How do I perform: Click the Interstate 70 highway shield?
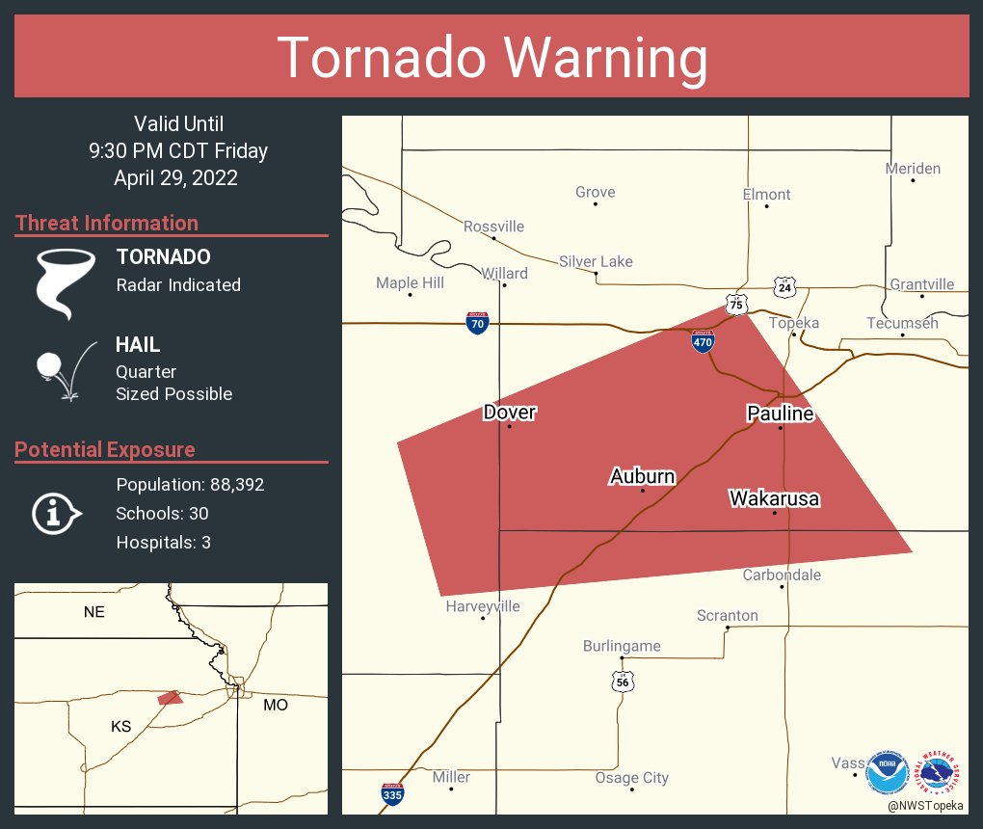click(477, 323)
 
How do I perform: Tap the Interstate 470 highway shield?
click(703, 342)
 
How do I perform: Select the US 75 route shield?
click(737, 304)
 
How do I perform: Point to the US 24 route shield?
click(784, 286)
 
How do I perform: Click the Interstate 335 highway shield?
click(392, 793)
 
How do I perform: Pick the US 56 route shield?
click(623, 681)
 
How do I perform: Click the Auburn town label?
click(642, 476)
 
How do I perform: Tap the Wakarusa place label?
click(774, 498)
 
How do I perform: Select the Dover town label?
click(509, 413)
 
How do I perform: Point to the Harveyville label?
click(483, 606)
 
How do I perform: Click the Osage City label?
click(631, 778)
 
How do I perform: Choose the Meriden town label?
click(913, 169)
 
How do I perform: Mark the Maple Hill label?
click(410, 282)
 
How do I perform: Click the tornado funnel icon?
click(66, 281)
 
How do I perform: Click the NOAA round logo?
click(887, 772)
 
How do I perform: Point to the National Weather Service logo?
click(940, 772)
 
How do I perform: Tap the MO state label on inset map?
click(276, 706)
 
